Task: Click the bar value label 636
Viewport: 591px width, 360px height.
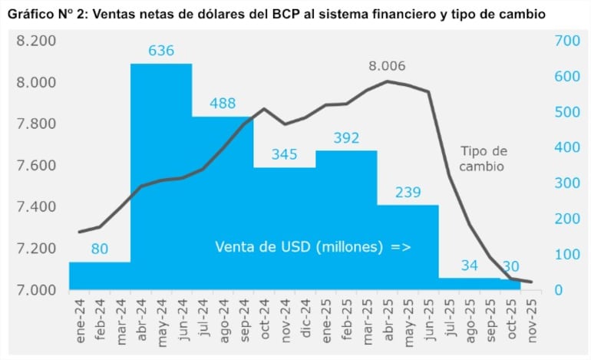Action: coord(161,51)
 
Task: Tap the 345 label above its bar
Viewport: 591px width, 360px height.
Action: coord(284,155)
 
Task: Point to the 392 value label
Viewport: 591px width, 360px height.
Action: coord(346,138)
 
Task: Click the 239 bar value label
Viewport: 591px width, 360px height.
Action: coord(408,193)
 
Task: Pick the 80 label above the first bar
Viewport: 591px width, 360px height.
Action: coord(99,249)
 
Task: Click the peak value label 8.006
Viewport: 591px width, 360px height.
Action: coord(387,66)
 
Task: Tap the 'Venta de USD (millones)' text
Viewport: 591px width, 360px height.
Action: coord(300,247)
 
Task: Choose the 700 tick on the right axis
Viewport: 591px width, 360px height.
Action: coord(567,41)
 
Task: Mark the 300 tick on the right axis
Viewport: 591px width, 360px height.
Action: coord(567,183)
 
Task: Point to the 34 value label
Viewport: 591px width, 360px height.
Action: coord(469,266)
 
